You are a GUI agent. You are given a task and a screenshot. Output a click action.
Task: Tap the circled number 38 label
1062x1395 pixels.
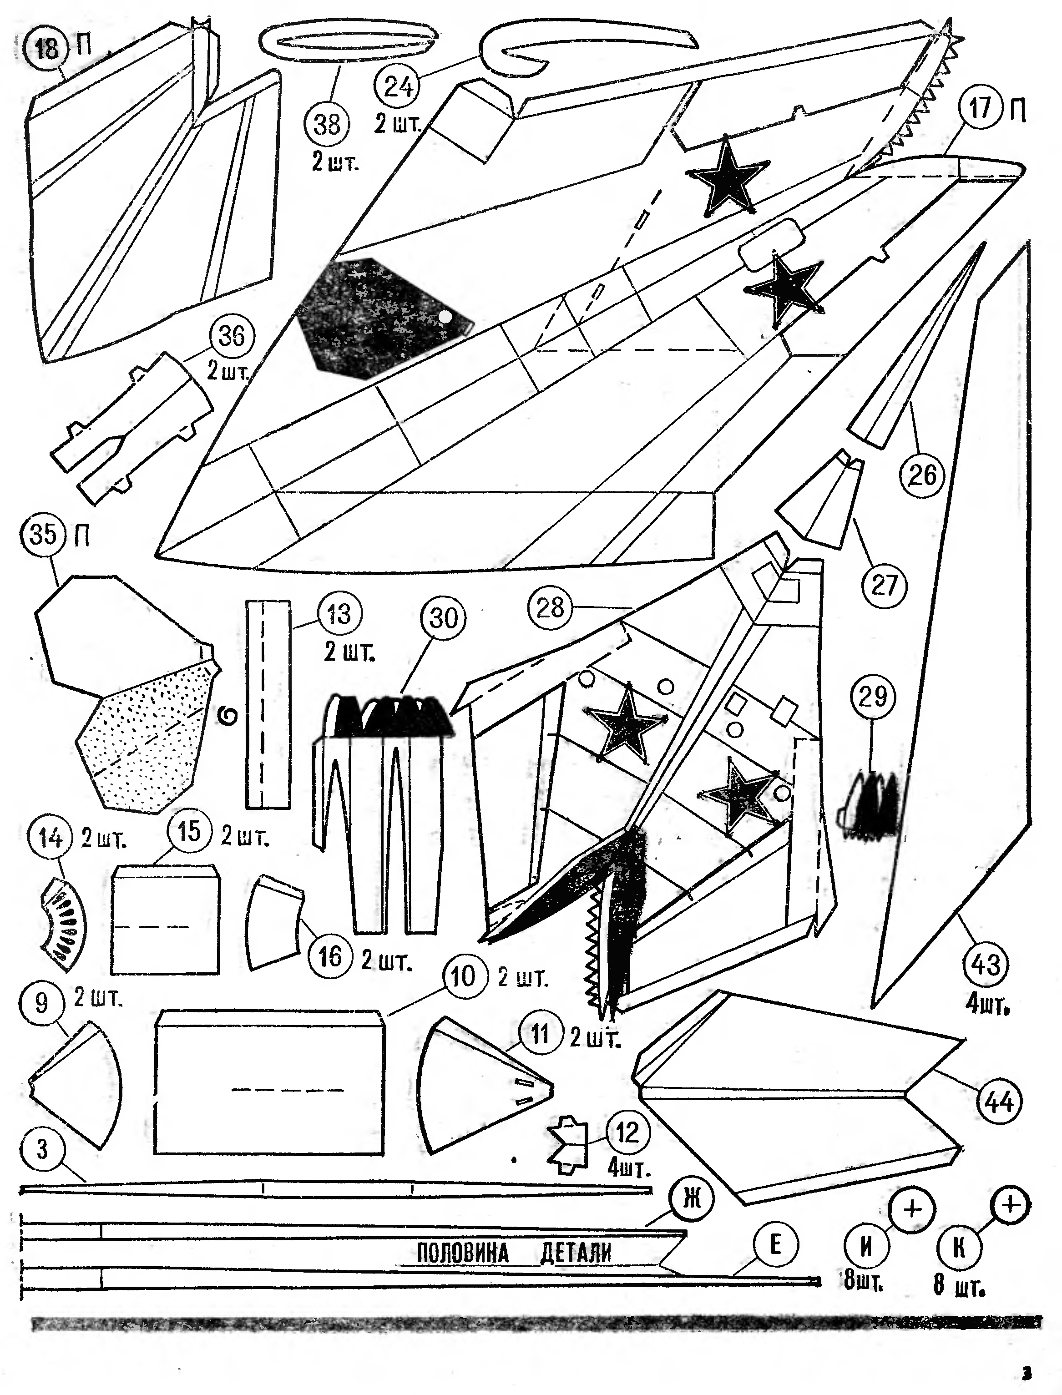tap(327, 125)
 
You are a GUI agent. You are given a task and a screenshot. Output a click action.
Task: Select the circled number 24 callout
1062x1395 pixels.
tap(398, 86)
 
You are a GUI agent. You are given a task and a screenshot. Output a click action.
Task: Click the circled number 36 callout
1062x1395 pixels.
tap(231, 336)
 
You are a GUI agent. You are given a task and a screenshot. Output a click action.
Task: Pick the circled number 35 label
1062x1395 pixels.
tap(43, 535)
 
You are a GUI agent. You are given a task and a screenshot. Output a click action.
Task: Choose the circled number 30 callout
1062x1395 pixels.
tap(443, 617)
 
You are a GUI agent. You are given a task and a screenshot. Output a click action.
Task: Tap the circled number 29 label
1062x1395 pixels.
tap(873, 697)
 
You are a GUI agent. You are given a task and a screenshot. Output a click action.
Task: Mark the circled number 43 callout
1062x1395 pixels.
tap(986, 965)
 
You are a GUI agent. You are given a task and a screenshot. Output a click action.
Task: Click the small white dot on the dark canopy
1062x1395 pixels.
tap(445, 316)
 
